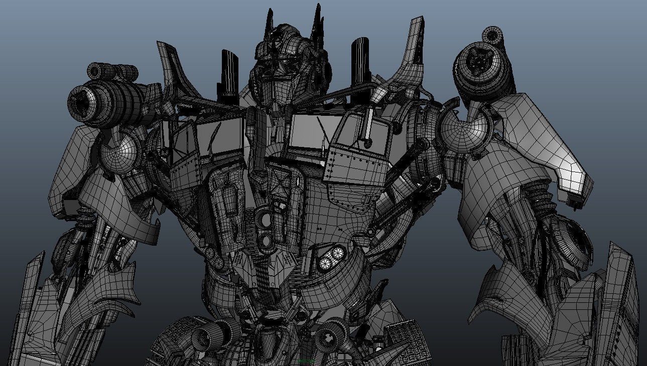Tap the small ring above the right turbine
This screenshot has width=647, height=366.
tap(492, 36)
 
